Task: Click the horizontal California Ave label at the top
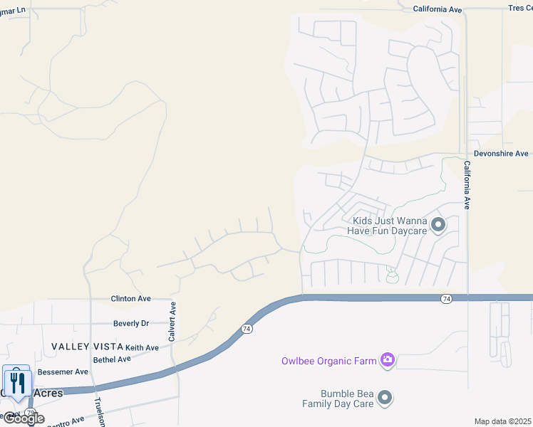tap(438, 9)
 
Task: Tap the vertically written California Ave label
tap(467, 184)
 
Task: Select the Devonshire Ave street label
tap(502, 154)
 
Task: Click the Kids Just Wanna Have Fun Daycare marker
tap(438, 226)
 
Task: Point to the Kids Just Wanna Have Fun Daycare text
tap(387, 226)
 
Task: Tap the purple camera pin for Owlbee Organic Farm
tap(387, 360)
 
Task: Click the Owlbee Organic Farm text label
tap(327, 361)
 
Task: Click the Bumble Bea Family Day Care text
tap(338, 399)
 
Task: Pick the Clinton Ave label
tap(130, 299)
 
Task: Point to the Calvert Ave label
tap(172, 322)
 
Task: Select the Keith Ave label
tap(142, 347)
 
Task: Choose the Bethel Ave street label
tap(112, 359)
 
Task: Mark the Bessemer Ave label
tap(63, 371)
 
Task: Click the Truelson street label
tap(100, 412)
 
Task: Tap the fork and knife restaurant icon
tap(17, 383)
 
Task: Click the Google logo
tap(23, 418)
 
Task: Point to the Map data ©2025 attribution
tap(502, 421)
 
